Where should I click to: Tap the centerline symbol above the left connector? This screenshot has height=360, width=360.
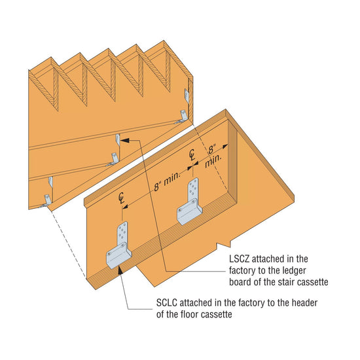(121, 197)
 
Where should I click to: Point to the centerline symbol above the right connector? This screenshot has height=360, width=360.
(192, 154)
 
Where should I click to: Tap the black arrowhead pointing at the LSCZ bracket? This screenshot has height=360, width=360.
(126, 139)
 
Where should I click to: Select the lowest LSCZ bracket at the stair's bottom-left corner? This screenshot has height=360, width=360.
(46, 200)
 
